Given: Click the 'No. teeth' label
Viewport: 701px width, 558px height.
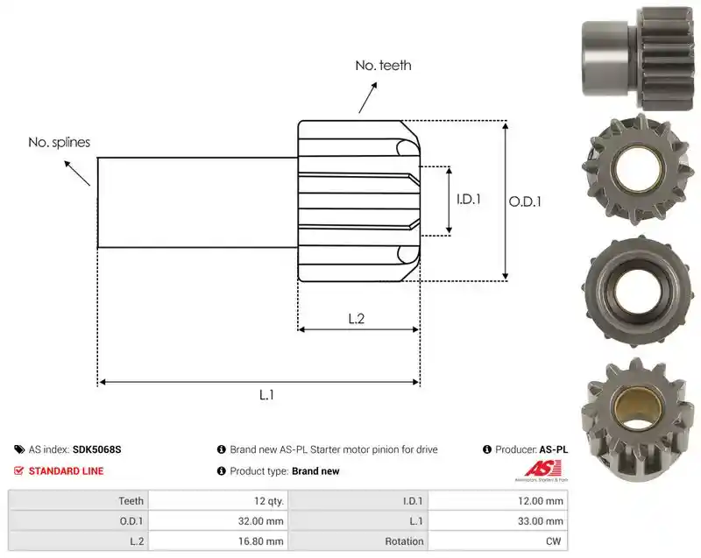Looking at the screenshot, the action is click(x=383, y=66).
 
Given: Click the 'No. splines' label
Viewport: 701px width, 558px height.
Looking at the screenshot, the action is click(x=59, y=143).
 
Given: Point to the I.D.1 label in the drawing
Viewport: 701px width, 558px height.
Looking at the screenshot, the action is click(x=469, y=199).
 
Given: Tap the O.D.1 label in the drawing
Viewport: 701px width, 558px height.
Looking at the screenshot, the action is click(x=525, y=202).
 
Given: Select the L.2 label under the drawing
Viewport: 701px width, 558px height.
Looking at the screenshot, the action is click(x=357, y=319).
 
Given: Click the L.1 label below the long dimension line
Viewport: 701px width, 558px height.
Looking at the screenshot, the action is click(x=266, y=395).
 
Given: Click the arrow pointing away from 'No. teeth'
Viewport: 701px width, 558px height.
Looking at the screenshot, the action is click(x=367, y=97).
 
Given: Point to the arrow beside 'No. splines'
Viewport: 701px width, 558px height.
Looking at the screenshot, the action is click(x=77, y=173).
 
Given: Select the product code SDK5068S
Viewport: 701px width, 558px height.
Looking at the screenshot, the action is click(x=96, y=449).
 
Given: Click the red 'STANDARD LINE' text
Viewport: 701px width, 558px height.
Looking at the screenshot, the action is click(x=67, y=471).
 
